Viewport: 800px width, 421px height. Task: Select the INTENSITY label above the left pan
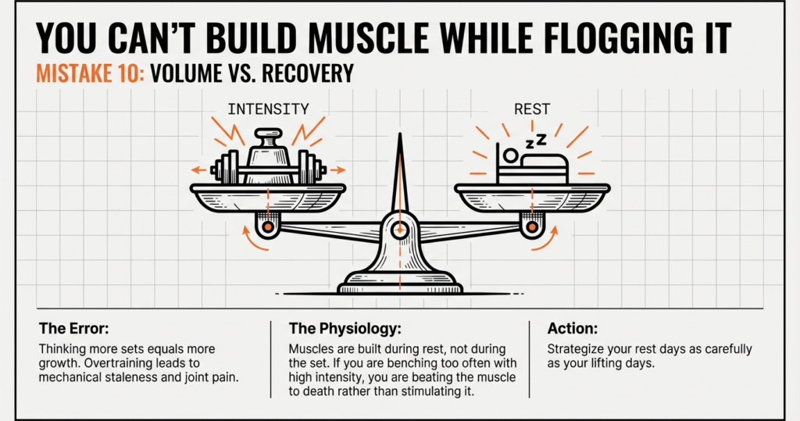[268, 109]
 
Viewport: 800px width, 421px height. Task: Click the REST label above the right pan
[532, 109]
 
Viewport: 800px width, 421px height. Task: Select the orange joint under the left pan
[268, 227]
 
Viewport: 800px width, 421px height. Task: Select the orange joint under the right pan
[532, 227]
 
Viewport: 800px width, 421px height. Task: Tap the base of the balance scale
[400, 280]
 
